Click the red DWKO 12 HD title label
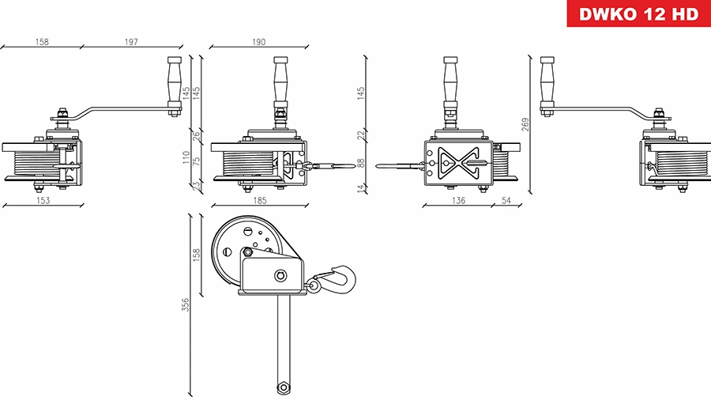[x=638, y=14]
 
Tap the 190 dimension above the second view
[x=258, y=41]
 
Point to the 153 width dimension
[x=43, y=201]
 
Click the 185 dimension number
[x=258, y=201]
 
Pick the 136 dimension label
[x=457, y=201]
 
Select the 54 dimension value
[x=507, y=201]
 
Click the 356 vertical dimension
[x=186, y=304]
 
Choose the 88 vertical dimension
[x=361, y=163]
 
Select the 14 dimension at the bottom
[x=361, y=187]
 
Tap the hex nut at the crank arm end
[x=281, y=388]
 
